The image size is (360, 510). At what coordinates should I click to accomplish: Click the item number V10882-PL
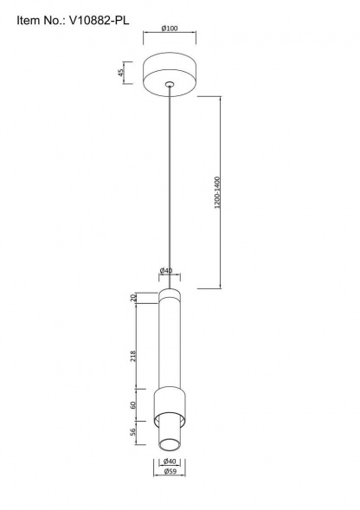pyautogui.click(x=100, y=21)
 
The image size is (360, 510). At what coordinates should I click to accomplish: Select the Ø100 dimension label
pyautogui.click(x=170, y=29)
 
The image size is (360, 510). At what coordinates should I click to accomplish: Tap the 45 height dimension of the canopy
pyautogui.click(x=121, y=73)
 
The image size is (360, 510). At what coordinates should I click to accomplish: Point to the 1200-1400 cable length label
pyautogui.click(x=217, y=192)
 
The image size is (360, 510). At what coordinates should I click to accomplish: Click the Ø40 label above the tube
pyautogui.click(x=166, y=271)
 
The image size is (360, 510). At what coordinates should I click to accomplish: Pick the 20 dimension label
pyautogui.click(x=132, y=298)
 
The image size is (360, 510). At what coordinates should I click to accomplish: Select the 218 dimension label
pyautogui.click(x=132, y=357)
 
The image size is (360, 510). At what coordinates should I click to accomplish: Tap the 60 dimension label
pyautogui.click(x=132, y=405)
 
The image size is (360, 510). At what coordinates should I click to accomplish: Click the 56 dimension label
pyautogui.click(x=132, y=432)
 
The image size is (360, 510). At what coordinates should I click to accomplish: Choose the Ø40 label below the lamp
pyautogui.click(x=170, y=462)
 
